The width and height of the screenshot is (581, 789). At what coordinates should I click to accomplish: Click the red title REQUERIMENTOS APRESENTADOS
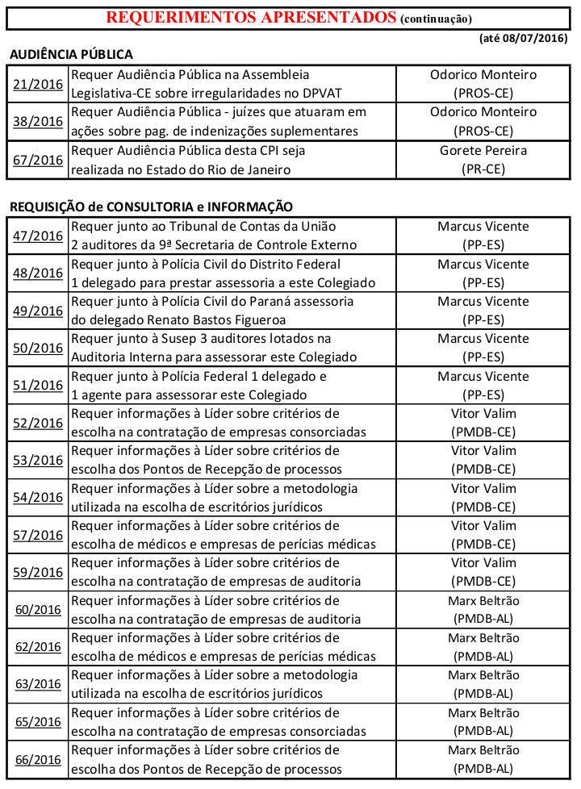pos(251,17)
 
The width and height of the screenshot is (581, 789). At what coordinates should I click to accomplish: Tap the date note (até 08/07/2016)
pos(524,38)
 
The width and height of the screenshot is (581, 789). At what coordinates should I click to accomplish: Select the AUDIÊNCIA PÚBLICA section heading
pos(71,54)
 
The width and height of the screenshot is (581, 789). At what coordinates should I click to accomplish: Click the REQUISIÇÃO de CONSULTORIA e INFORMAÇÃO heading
pos(151,207)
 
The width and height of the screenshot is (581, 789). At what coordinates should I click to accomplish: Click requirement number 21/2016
pos(38,84)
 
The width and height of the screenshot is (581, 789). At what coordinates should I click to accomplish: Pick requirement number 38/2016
pos(38,121)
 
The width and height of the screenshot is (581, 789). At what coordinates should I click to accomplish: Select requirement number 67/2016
pos(38,159)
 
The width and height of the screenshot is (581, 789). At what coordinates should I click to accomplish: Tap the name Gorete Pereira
pos(483,150)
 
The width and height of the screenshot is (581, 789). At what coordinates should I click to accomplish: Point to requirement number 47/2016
pos(38,236)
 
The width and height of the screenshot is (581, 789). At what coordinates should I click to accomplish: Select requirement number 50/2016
pos(38,348)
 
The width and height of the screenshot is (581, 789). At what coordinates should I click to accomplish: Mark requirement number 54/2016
pos(38,498)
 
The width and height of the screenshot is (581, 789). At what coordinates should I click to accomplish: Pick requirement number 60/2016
pos(38,610)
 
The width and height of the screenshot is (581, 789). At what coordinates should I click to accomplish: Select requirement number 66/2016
pos(38,760)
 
